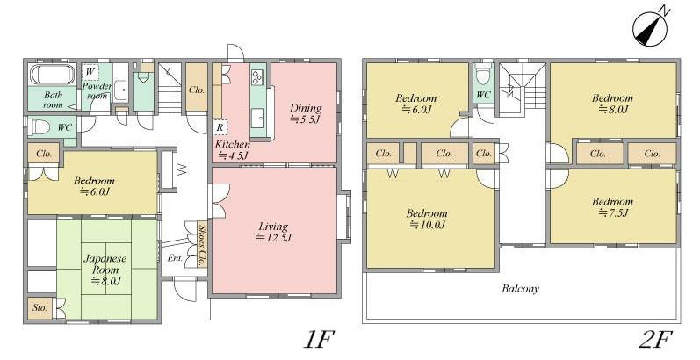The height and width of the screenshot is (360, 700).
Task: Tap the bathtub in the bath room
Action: click(52, 74)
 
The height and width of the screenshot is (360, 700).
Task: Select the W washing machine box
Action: click(90, 72)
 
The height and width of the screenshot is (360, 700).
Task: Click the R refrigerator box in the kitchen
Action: click(220, 127)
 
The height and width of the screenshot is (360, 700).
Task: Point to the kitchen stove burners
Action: click(257, 78)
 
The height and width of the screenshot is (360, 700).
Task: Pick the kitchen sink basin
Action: click(257, 118)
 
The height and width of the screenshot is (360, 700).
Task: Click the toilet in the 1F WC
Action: click(40, 127)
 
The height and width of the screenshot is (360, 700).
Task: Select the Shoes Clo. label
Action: click(202, 244)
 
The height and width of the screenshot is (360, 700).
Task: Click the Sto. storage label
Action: click(40, 307)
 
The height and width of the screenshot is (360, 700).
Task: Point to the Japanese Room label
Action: click(105, 263)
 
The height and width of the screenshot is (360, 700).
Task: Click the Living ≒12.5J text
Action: click(273, 232)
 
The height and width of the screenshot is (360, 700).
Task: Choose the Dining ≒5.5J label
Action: click(306, 113)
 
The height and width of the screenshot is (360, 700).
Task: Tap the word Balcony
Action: click(520, 289)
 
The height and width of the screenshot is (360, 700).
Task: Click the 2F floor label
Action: click(655, 341)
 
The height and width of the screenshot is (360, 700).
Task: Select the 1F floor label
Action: click(318, 341)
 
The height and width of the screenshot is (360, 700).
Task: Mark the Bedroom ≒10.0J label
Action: click(427, 219)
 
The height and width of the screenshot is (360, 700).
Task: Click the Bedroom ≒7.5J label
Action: click(612, 207)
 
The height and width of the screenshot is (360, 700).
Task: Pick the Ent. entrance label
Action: click(175, 258)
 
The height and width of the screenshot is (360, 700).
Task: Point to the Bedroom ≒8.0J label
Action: click(612, 104)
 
